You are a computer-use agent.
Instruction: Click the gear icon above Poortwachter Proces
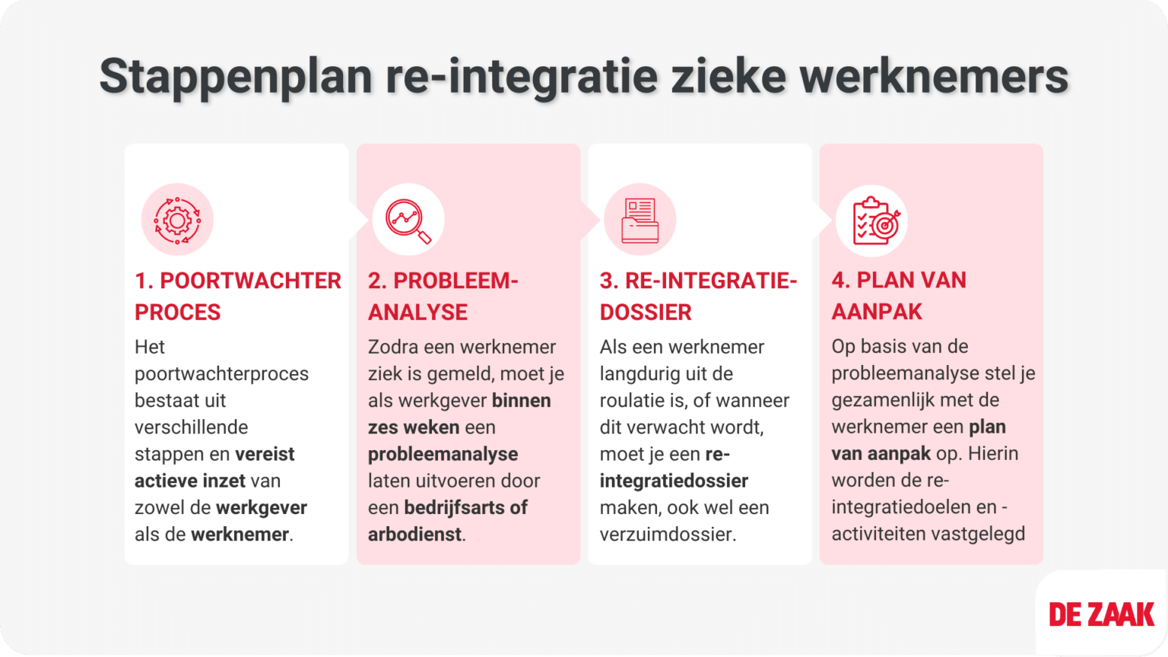tap(177, 220)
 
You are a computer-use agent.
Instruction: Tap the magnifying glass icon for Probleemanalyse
tap(408, 221)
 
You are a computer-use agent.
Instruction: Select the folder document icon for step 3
tap(640, 221)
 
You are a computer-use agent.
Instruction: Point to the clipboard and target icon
tap(871, 221)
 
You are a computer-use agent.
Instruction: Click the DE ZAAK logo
tap(1101, 614)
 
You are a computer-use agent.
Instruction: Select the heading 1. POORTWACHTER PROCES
tap(237, 296)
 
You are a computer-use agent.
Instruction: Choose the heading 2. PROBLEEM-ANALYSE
tap(443, 296)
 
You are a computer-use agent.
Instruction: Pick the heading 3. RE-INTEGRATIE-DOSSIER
tap(697, 296)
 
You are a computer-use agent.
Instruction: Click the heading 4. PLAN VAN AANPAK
tap(898, 296)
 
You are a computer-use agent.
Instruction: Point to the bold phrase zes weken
tap(414, 427)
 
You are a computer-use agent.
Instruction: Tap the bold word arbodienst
tap(414, 535)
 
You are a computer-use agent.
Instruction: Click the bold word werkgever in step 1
tap(262, 507)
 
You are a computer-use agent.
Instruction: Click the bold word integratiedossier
tap(674, 481)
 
